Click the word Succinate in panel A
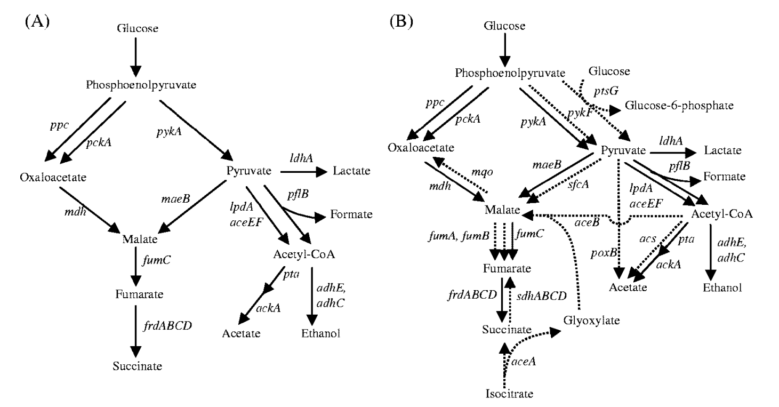tap(136, 366)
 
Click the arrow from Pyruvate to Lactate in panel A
tap(302, 172)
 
